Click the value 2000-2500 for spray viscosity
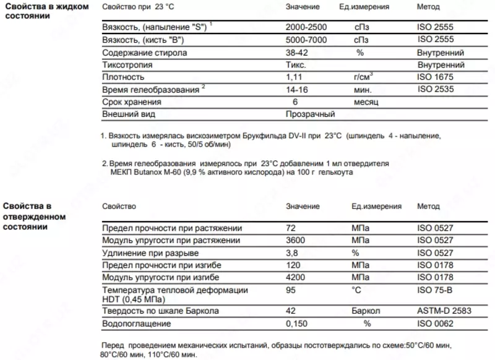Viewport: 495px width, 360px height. point(306,28)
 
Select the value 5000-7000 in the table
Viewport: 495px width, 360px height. point(306,40)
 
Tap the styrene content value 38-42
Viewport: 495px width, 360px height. point(297,53)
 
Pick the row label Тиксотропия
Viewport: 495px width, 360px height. point(127,65)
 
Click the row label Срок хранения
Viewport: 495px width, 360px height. point(131,102)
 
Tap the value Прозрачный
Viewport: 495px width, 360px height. point(310,114)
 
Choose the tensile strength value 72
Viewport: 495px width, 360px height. point(291,228)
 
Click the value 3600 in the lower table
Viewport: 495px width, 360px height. point(295,240)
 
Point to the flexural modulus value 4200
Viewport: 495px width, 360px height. point(295,276)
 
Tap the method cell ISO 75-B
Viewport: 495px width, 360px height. point(436,289)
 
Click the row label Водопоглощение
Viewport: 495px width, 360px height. point(136,323)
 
